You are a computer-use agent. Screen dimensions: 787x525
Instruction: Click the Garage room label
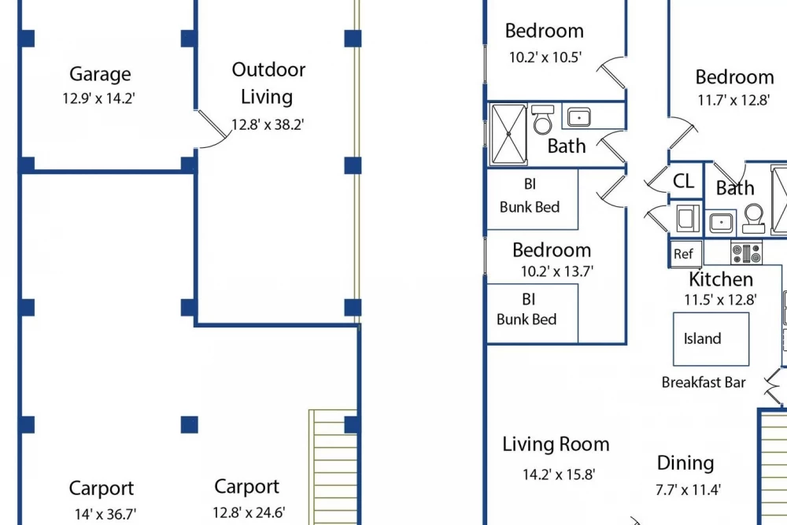pyautogui.click(x=100, y=74)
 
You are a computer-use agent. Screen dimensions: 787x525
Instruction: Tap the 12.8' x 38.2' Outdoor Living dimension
pyautogui.click(x=268, y=124)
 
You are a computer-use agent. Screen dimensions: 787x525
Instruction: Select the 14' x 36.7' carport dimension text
pyautogui.click(x=105, y=514)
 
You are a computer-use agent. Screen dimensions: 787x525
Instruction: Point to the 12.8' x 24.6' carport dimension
pyautogui.click(x=249, y=512)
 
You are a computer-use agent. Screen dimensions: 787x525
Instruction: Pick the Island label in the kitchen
pyautogui.click(x=702, y=338)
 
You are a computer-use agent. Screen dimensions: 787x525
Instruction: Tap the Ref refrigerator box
pyautogui.click(x=686, y=253)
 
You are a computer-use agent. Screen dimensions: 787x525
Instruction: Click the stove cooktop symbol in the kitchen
pyautogui.click(x=746, y=253)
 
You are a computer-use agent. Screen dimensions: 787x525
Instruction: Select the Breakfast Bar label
pyautogui.click(x=703, y=383)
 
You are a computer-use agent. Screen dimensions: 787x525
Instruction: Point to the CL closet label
pyautogui.click(x=683, y=181)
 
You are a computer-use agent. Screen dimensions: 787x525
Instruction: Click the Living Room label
pyautogui.click(x=556, y=444)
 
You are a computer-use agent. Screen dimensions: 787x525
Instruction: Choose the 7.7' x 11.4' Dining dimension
pyautogui.click(x=688, y=490)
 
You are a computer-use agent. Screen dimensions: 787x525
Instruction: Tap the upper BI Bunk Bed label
pyautogui.click(x=530, y=196)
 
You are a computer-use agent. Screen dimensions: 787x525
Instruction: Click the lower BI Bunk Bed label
pyautogui.click(x=527, y=309)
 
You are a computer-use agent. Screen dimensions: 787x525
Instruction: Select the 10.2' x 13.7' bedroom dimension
pyautogui.click(x=556, y=272)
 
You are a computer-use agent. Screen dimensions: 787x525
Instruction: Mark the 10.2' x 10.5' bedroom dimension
pyautogui.click(x=545, y=57)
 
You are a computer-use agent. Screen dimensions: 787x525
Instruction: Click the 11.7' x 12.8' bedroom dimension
pyautogui.click(x=733, y=100)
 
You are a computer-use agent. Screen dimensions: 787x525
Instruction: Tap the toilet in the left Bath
pyautogui.click(x=542, y=120)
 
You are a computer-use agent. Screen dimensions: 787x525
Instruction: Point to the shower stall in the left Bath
pyautogui.click(x=508, y=134)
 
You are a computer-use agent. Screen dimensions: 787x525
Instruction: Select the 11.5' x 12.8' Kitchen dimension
pyautogui.click(x=720, y=300)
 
